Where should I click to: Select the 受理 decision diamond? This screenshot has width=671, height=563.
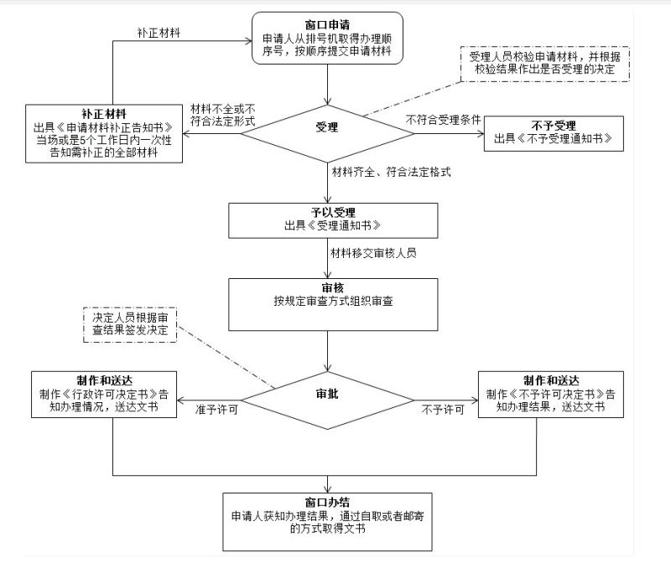326,127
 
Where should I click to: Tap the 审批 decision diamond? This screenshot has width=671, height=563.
328,394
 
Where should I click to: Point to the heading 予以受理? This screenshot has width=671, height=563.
333,212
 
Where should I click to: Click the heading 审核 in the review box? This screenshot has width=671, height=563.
333,287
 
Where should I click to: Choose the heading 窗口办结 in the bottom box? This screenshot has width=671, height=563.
333,503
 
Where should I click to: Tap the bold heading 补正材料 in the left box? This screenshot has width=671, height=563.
105,112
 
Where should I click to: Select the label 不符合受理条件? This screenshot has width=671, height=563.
444,120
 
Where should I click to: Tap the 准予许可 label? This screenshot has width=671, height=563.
217,410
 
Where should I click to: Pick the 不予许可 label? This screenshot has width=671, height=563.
443,410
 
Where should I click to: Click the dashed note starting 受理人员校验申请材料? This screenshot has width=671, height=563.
544,65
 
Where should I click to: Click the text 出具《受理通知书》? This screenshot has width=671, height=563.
333,225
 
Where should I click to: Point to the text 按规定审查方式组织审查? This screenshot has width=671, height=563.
333,301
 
